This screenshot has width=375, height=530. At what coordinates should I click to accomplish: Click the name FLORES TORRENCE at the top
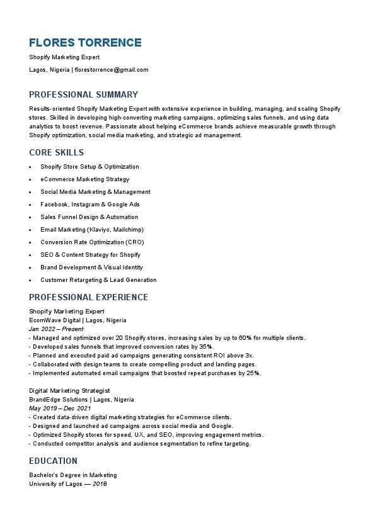coord(85,43)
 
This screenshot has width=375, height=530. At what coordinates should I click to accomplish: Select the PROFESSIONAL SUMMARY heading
coord(83,95)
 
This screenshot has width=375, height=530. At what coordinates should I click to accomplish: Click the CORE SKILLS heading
coord(56,153)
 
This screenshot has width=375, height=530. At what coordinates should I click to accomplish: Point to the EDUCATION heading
coord(53,461)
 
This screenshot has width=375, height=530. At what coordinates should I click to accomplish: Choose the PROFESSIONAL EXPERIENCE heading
coord(88,298)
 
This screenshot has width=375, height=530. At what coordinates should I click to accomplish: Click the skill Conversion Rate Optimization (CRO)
coord(92,242)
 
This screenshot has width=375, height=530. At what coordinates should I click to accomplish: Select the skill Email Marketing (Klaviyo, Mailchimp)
coord(92,230)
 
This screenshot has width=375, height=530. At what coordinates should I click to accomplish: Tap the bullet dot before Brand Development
coord(30,268)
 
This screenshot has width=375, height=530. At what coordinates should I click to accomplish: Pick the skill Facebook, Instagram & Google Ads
coord(90,205)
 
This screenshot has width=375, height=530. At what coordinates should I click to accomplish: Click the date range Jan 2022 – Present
coord(56,329)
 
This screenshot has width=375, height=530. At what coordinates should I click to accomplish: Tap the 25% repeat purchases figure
coord(253,373)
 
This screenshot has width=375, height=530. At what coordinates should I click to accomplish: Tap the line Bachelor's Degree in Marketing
coord(72,475)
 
